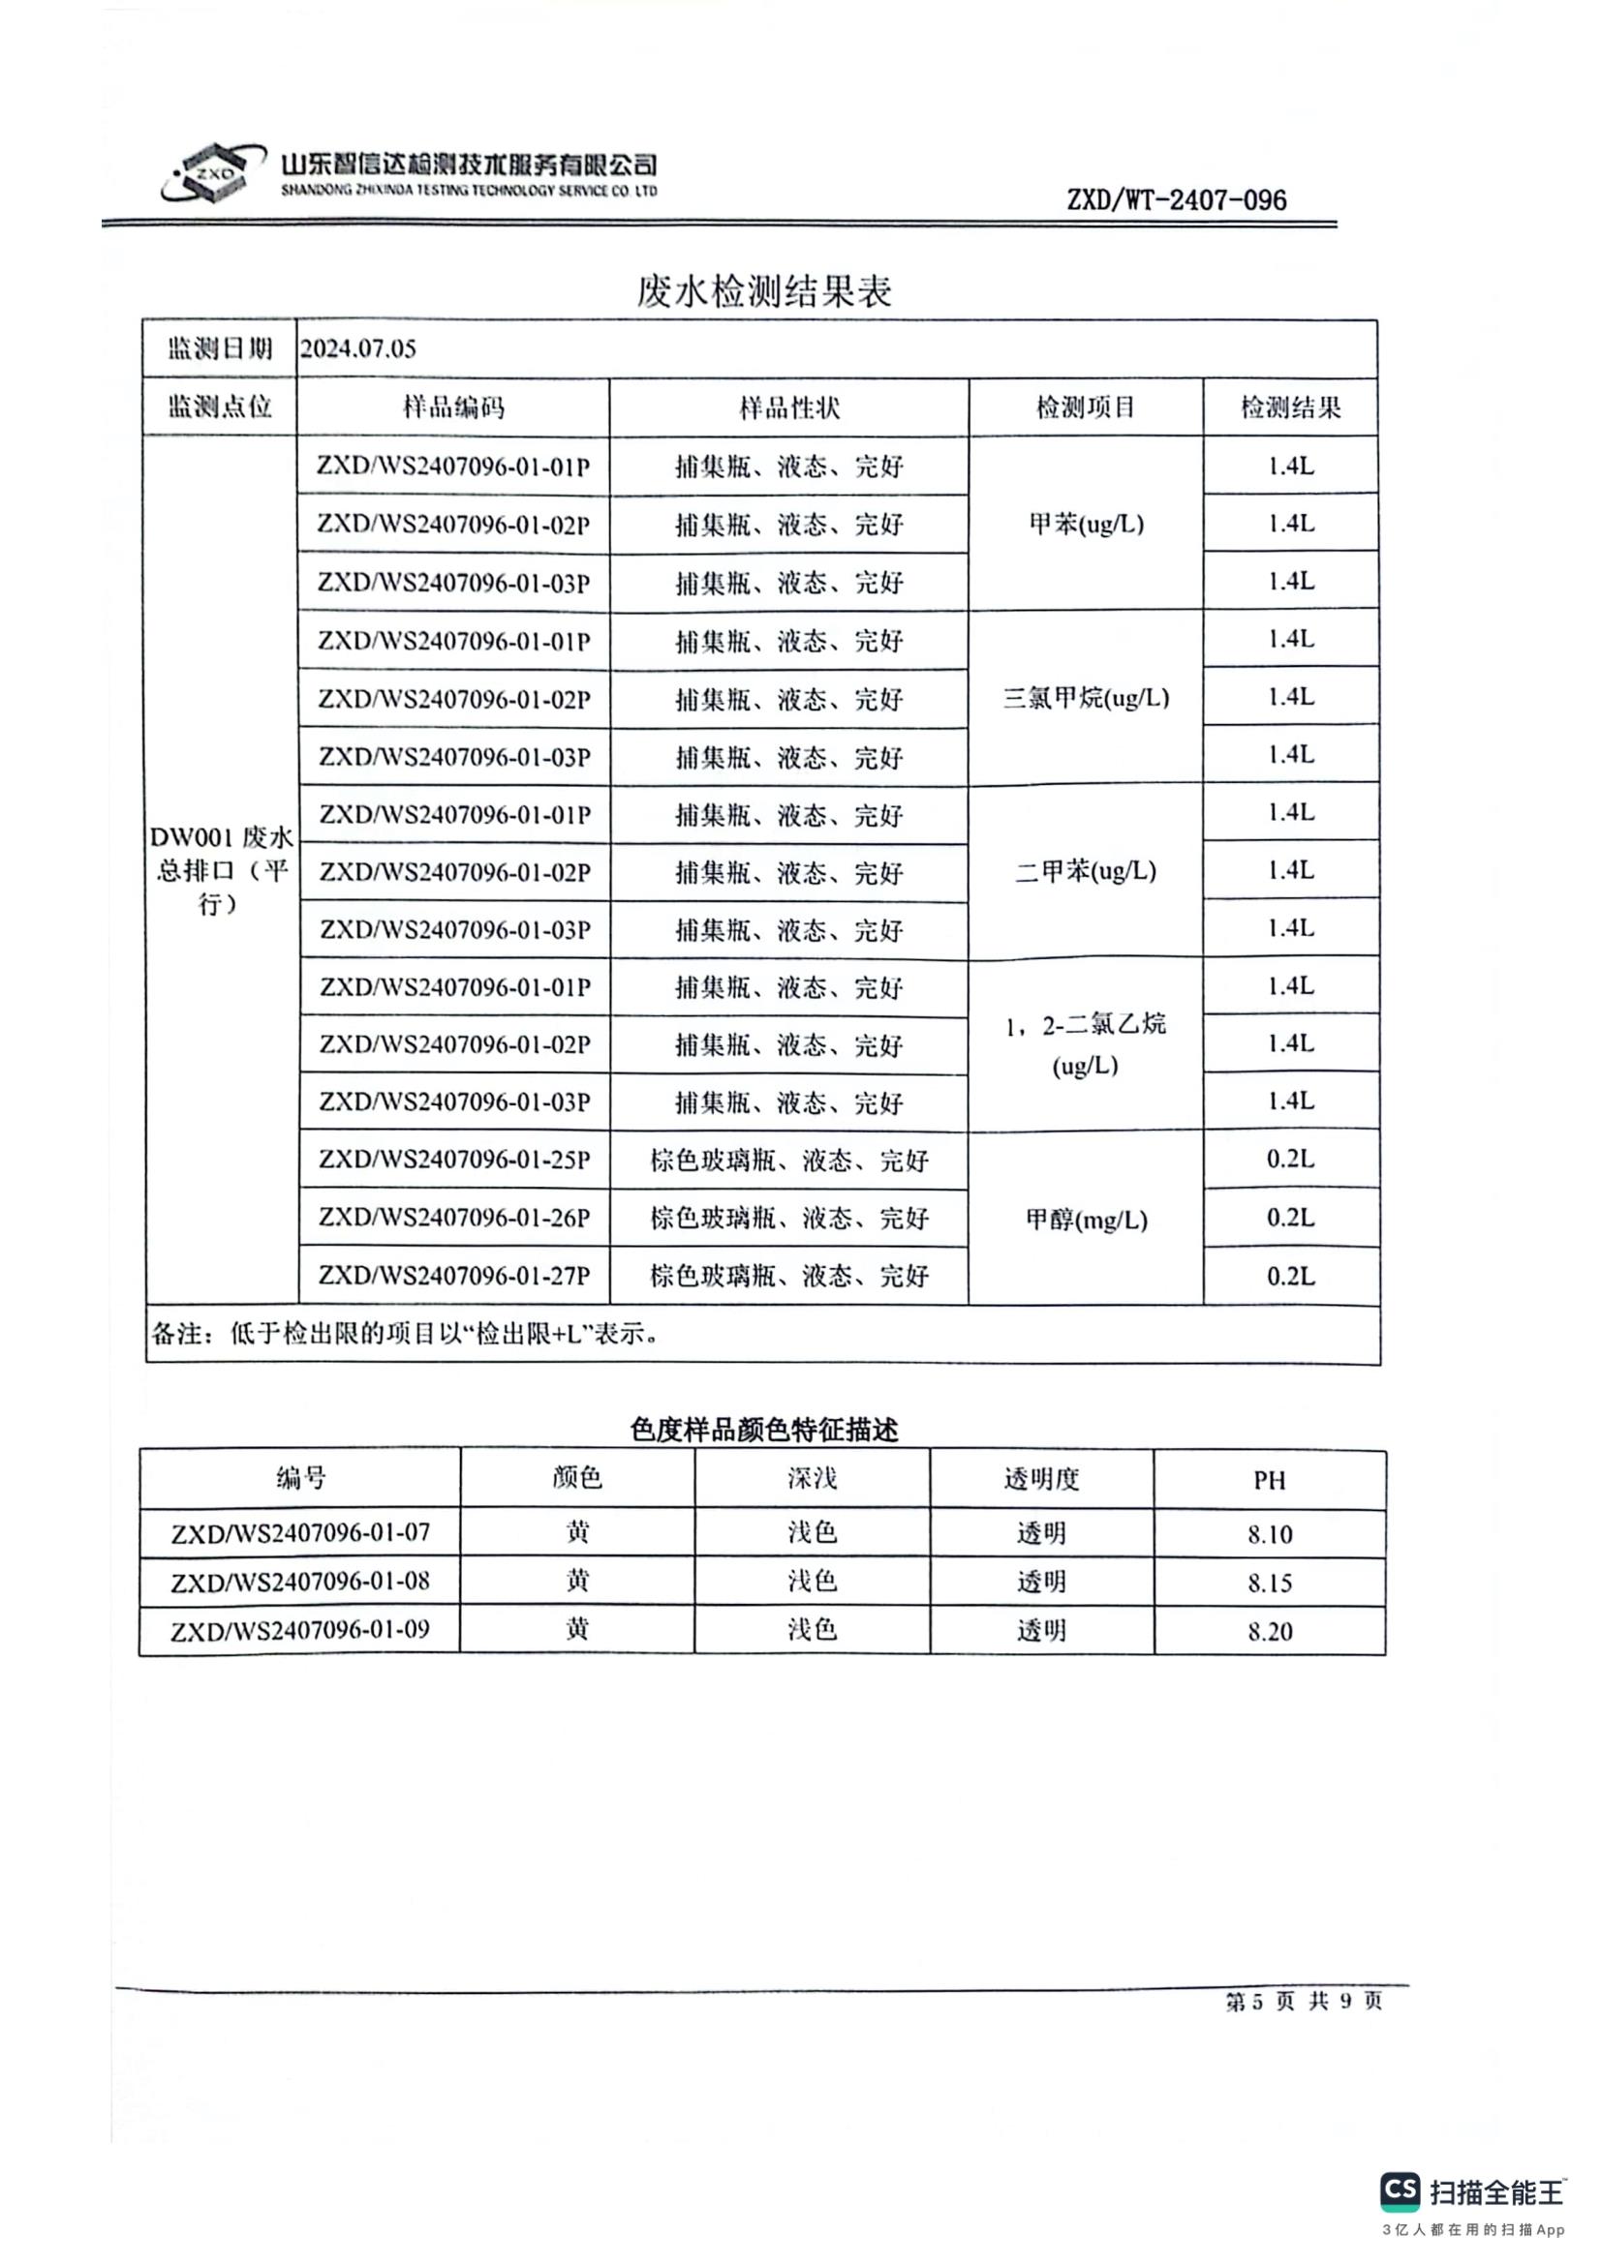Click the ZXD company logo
click(211, 173)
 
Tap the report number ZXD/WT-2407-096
click(1176, 200)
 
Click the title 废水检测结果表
click(763, 292)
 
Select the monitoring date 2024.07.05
click(358, 349)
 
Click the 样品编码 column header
click(452, 408)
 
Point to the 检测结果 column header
click(1290, 408)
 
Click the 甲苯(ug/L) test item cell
click(1086, 524)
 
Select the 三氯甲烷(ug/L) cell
click(1086, 698)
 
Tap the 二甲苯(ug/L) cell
click(1086, 871)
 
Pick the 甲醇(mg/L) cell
click(1086, 1220)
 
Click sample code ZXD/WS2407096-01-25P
click(454, 1160)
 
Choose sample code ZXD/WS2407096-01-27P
click(454, 1276)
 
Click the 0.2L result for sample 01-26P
click(1290, 1218)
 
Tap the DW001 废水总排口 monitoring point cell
click(220, 870)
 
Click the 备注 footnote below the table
click(405, 1334)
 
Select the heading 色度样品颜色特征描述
click(763, 1430)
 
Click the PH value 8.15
click(1270, 1584)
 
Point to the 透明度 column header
click(1042, 1479)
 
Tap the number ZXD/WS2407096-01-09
click(300, 1631)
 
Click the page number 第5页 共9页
click(1303, 2002)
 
